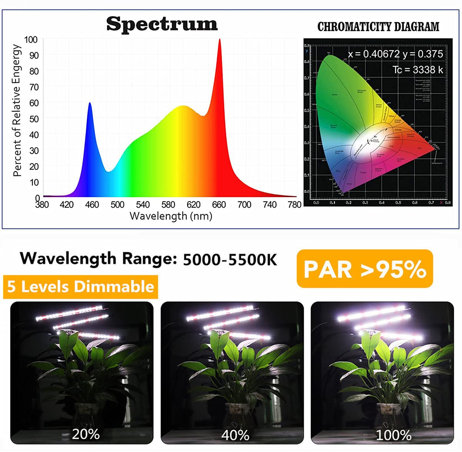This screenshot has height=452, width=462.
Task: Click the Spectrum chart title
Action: coord(162,24)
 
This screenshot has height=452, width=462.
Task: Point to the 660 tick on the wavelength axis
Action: coord(219,205)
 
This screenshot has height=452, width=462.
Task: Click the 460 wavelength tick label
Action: coord(92,205)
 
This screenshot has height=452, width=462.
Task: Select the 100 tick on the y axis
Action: coord(31,40)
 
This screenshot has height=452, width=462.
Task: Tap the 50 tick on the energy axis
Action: coord(34,119)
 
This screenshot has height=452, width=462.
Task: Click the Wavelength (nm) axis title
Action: coord(171,216)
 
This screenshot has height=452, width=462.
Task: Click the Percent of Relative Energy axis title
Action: coord(17,110)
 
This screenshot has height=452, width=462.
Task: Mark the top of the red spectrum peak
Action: coord(219,39)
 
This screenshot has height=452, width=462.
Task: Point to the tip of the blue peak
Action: coord(90,103)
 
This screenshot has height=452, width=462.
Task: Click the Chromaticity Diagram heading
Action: coord(378,27)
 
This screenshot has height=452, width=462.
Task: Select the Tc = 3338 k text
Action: coord(418,70)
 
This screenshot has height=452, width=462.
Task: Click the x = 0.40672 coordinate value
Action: coord(374,54)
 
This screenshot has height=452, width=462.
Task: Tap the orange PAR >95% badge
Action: coord(365,269)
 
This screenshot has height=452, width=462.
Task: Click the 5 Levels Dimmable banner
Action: coord(80,287)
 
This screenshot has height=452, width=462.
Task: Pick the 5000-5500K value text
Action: coord(230,260)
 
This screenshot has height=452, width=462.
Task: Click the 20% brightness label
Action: coord(85,434)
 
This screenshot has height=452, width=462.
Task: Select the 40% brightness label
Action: coord(235,435)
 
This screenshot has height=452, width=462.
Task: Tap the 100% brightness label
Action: coord(393,435)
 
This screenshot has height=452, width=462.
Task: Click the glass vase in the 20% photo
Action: coord(86,414)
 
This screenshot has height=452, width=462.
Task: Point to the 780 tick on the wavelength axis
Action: coord(295,205)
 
